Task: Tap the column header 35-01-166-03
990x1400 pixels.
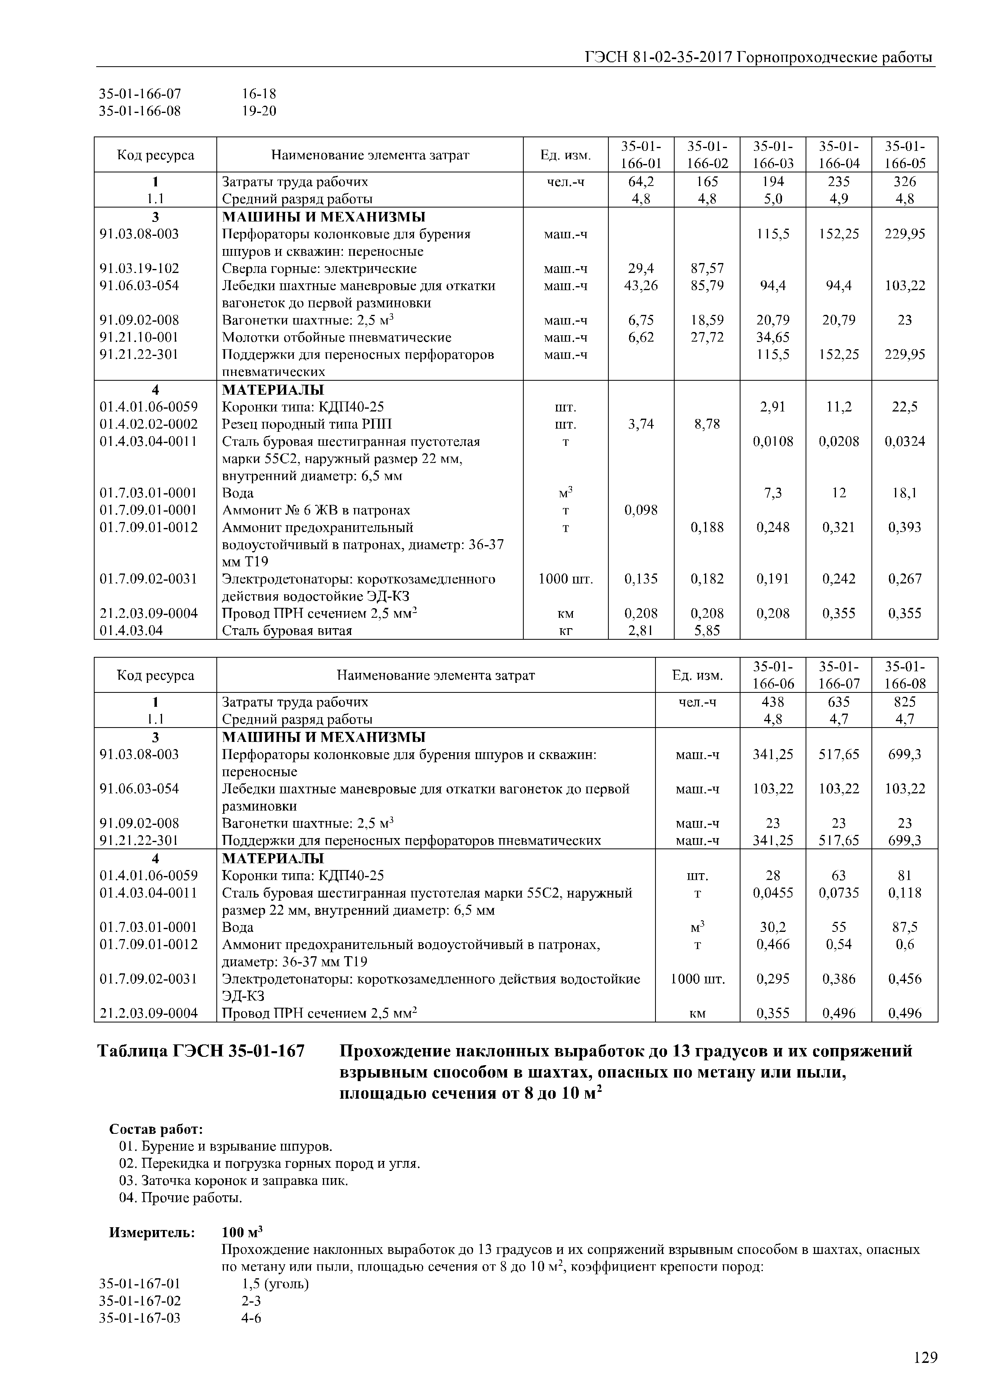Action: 773,155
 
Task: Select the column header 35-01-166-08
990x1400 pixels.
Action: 905,675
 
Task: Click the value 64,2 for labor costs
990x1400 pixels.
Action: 641,182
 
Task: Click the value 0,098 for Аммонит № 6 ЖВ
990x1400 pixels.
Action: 641,510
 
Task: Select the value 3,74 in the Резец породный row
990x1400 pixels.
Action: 641,424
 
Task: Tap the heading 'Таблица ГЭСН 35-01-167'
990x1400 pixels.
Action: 201,1051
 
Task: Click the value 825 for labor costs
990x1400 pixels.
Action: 905,702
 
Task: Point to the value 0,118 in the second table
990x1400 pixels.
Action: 905,893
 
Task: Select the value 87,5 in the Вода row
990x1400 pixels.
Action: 905,927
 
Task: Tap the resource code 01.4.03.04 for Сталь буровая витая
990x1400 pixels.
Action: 132,631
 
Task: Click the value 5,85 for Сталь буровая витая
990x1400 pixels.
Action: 707,631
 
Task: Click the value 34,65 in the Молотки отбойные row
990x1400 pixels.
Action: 773,338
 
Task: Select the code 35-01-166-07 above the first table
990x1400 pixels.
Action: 140,94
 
